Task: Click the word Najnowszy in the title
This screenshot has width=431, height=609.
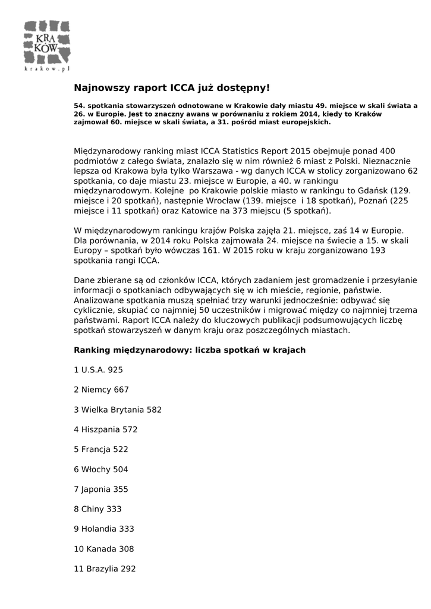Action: point(101,88)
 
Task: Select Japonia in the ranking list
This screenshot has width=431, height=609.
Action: point(95,489)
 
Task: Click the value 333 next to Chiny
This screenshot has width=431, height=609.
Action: point(114,509)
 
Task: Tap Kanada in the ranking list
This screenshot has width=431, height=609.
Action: point(102,549)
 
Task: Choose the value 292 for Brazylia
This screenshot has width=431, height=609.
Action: point(128,569)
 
